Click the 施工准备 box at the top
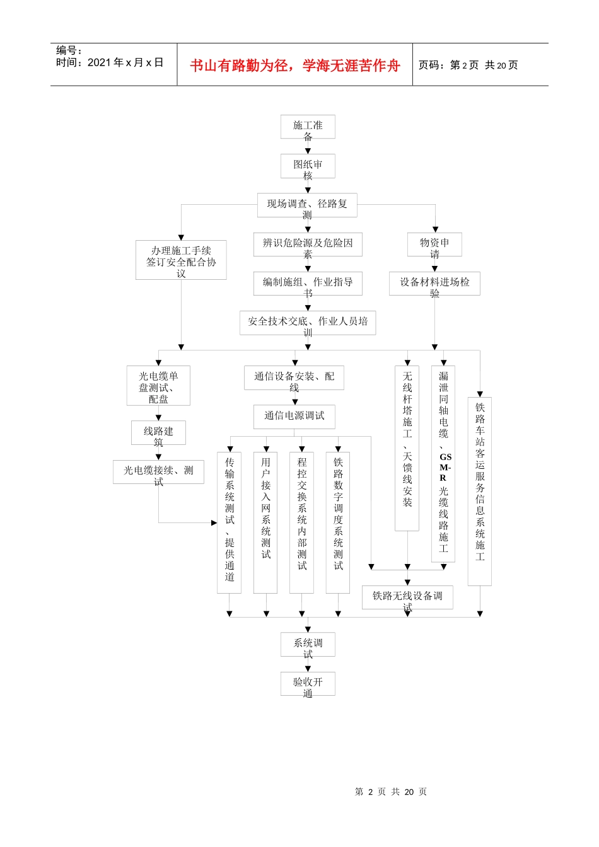pyautogui.click(x=308, y=127)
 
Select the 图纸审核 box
pyautogui.click(x=308, y=166)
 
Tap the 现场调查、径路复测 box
pyautogui.click(x=307, y=205)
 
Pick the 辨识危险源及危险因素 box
pyautogui.click(x=308, y=244)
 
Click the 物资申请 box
pyautogui.click(x=434, y=244)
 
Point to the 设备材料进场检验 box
pyautogui.click(x=434, y=284)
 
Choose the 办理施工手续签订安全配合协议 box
pyautogui.click(x=181, y=260)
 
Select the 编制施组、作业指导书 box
pyautogui.click(x=308, y=284)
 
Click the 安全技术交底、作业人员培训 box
pyautogui.click(x=308, y=322)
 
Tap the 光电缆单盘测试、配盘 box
pyautogui.click(x=158, y=386)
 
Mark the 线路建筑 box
pyautogui.click(x=158, y=432)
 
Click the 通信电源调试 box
pyautogui.click(x=294, y=416)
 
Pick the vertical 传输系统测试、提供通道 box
pyautogui.click(x=230, y=522)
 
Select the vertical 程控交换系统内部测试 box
pyautogui.click(x=302, y=522)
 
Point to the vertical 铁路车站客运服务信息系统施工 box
pyautogui.click(x=480, y=491)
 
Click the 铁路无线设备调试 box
pyautogui.click(x=407, y=597)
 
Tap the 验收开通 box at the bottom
pyautogui.click(x=308, y=683)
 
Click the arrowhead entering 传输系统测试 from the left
pyautogui.click(x=214, y=522)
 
